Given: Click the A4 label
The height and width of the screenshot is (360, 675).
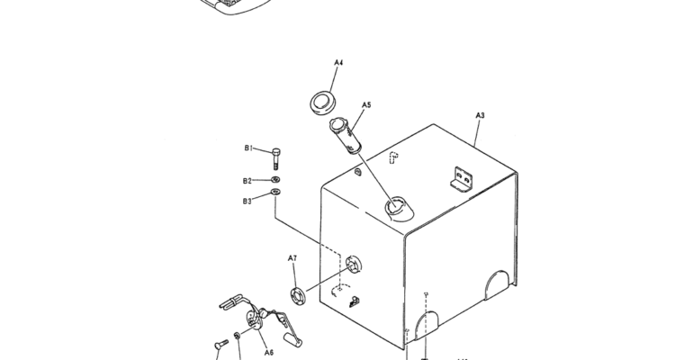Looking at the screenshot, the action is point(338,63).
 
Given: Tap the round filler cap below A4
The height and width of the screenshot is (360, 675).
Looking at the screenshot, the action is point(322,103).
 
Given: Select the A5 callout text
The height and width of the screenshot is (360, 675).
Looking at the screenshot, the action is point(366,105).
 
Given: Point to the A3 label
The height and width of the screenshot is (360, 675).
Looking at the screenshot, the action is point(480,115).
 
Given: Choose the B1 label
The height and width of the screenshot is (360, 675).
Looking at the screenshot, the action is point(248,148).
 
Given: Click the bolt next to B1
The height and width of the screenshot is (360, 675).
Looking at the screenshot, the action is point(276,159).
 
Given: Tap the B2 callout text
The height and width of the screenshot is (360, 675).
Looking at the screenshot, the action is point(247,181).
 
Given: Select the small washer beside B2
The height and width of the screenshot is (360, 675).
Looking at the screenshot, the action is point(275,179).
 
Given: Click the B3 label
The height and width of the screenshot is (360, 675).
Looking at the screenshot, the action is point(247,201).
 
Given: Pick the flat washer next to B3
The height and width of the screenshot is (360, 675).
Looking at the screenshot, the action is point(275,192).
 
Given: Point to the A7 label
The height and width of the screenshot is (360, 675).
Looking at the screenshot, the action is point(292,258).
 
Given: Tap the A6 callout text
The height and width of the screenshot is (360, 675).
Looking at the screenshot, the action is point(269,352).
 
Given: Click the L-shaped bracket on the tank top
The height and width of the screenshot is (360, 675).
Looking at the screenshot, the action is point(462,178).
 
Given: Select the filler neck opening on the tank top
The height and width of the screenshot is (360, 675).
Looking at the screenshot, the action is point(398,209).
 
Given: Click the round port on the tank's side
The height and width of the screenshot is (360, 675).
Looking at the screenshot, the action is point(354,264).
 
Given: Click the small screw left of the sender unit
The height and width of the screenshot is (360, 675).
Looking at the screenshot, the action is point(221,345).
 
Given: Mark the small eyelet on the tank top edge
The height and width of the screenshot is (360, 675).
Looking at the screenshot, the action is point(357,172).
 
